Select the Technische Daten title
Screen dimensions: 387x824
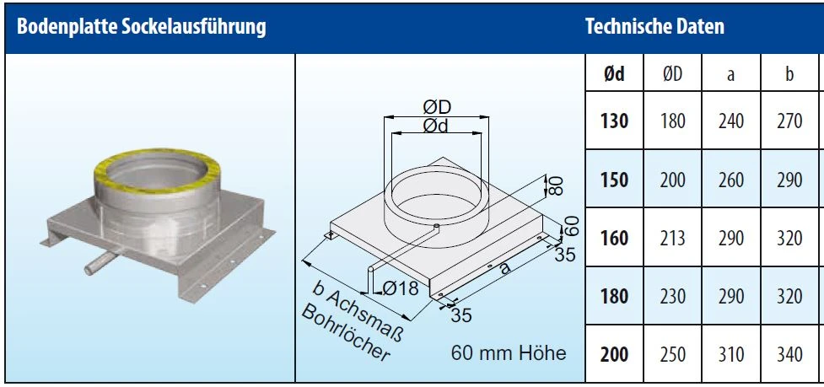[654, 26]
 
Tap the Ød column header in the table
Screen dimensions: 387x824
[615, 75]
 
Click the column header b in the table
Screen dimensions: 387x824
[789, 75]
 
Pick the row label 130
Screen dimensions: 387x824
[615, 121]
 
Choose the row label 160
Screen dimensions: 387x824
[615, 239]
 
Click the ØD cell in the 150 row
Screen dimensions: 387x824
[673, 180]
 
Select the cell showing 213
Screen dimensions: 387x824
[673, 239]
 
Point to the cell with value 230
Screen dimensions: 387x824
[673, 297]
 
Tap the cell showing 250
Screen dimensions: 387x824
[673, 355]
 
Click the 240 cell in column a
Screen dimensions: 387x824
[730, 121]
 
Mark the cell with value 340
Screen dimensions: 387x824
[789, 355]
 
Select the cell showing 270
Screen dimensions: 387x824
[789, 121]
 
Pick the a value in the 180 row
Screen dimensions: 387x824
[730, 297]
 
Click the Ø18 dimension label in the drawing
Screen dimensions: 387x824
[401, 288]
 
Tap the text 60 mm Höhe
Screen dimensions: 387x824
[508, 352]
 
